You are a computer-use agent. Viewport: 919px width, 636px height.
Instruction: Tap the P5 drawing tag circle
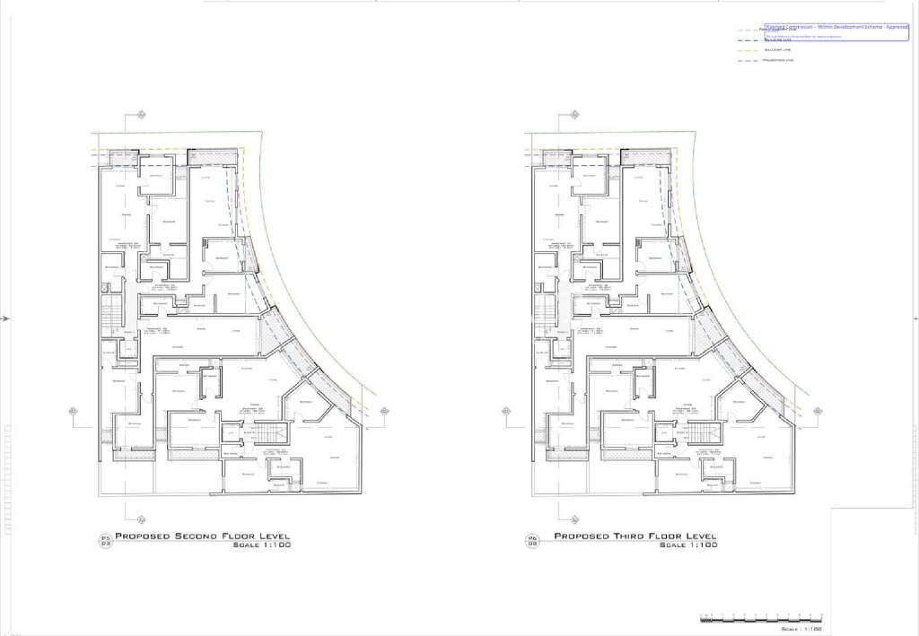[x=105, y=540]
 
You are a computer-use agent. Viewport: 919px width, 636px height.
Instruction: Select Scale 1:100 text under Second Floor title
[x=261, y=545]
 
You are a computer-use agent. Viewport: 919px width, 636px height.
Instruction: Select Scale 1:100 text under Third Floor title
[x=688, y=545]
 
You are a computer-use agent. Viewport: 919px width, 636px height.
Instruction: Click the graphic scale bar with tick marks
[x=760, y=618]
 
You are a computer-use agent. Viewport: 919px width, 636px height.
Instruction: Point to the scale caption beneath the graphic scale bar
[x=801, y=630]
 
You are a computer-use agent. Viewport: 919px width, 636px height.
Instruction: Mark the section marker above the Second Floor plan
[x=141, y=115]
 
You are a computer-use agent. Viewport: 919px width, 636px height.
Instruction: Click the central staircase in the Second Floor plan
[x=268, y=436]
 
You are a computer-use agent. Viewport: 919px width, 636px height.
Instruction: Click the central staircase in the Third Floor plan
[x=701, y=436]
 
